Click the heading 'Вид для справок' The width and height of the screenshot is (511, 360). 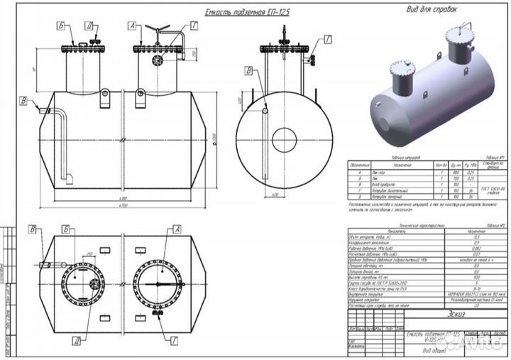click(431, 9)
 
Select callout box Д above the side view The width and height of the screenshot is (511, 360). click(89, 24)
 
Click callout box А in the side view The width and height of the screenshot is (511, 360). click(133, 24)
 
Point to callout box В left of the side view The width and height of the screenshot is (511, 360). click(24, 100)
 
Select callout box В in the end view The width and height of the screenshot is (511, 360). click(248, 70)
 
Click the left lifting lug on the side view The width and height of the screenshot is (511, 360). click(104, 93)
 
